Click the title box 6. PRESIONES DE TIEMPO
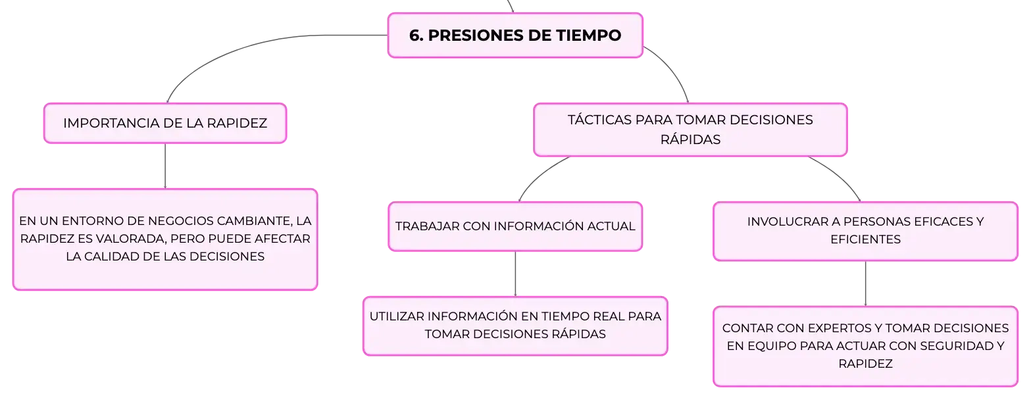(x=515, y=36)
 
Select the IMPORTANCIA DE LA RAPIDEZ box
(x=165, y=124)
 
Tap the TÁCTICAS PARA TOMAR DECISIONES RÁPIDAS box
(x=690, y=130)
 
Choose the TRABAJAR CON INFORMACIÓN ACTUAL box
(x=515, y=226)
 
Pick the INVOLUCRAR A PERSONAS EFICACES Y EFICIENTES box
(x=865, y=231)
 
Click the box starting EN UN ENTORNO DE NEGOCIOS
(x=165, y=239)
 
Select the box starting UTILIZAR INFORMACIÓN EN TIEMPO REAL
(x=515, y=326)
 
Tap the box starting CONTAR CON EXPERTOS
(x=865, y=346)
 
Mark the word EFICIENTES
(x=865, y=239)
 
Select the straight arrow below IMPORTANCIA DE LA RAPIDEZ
(x=165, y=166)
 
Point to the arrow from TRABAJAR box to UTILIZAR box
(x=515, y=274)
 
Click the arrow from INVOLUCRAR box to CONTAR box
(x=865, y=284)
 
